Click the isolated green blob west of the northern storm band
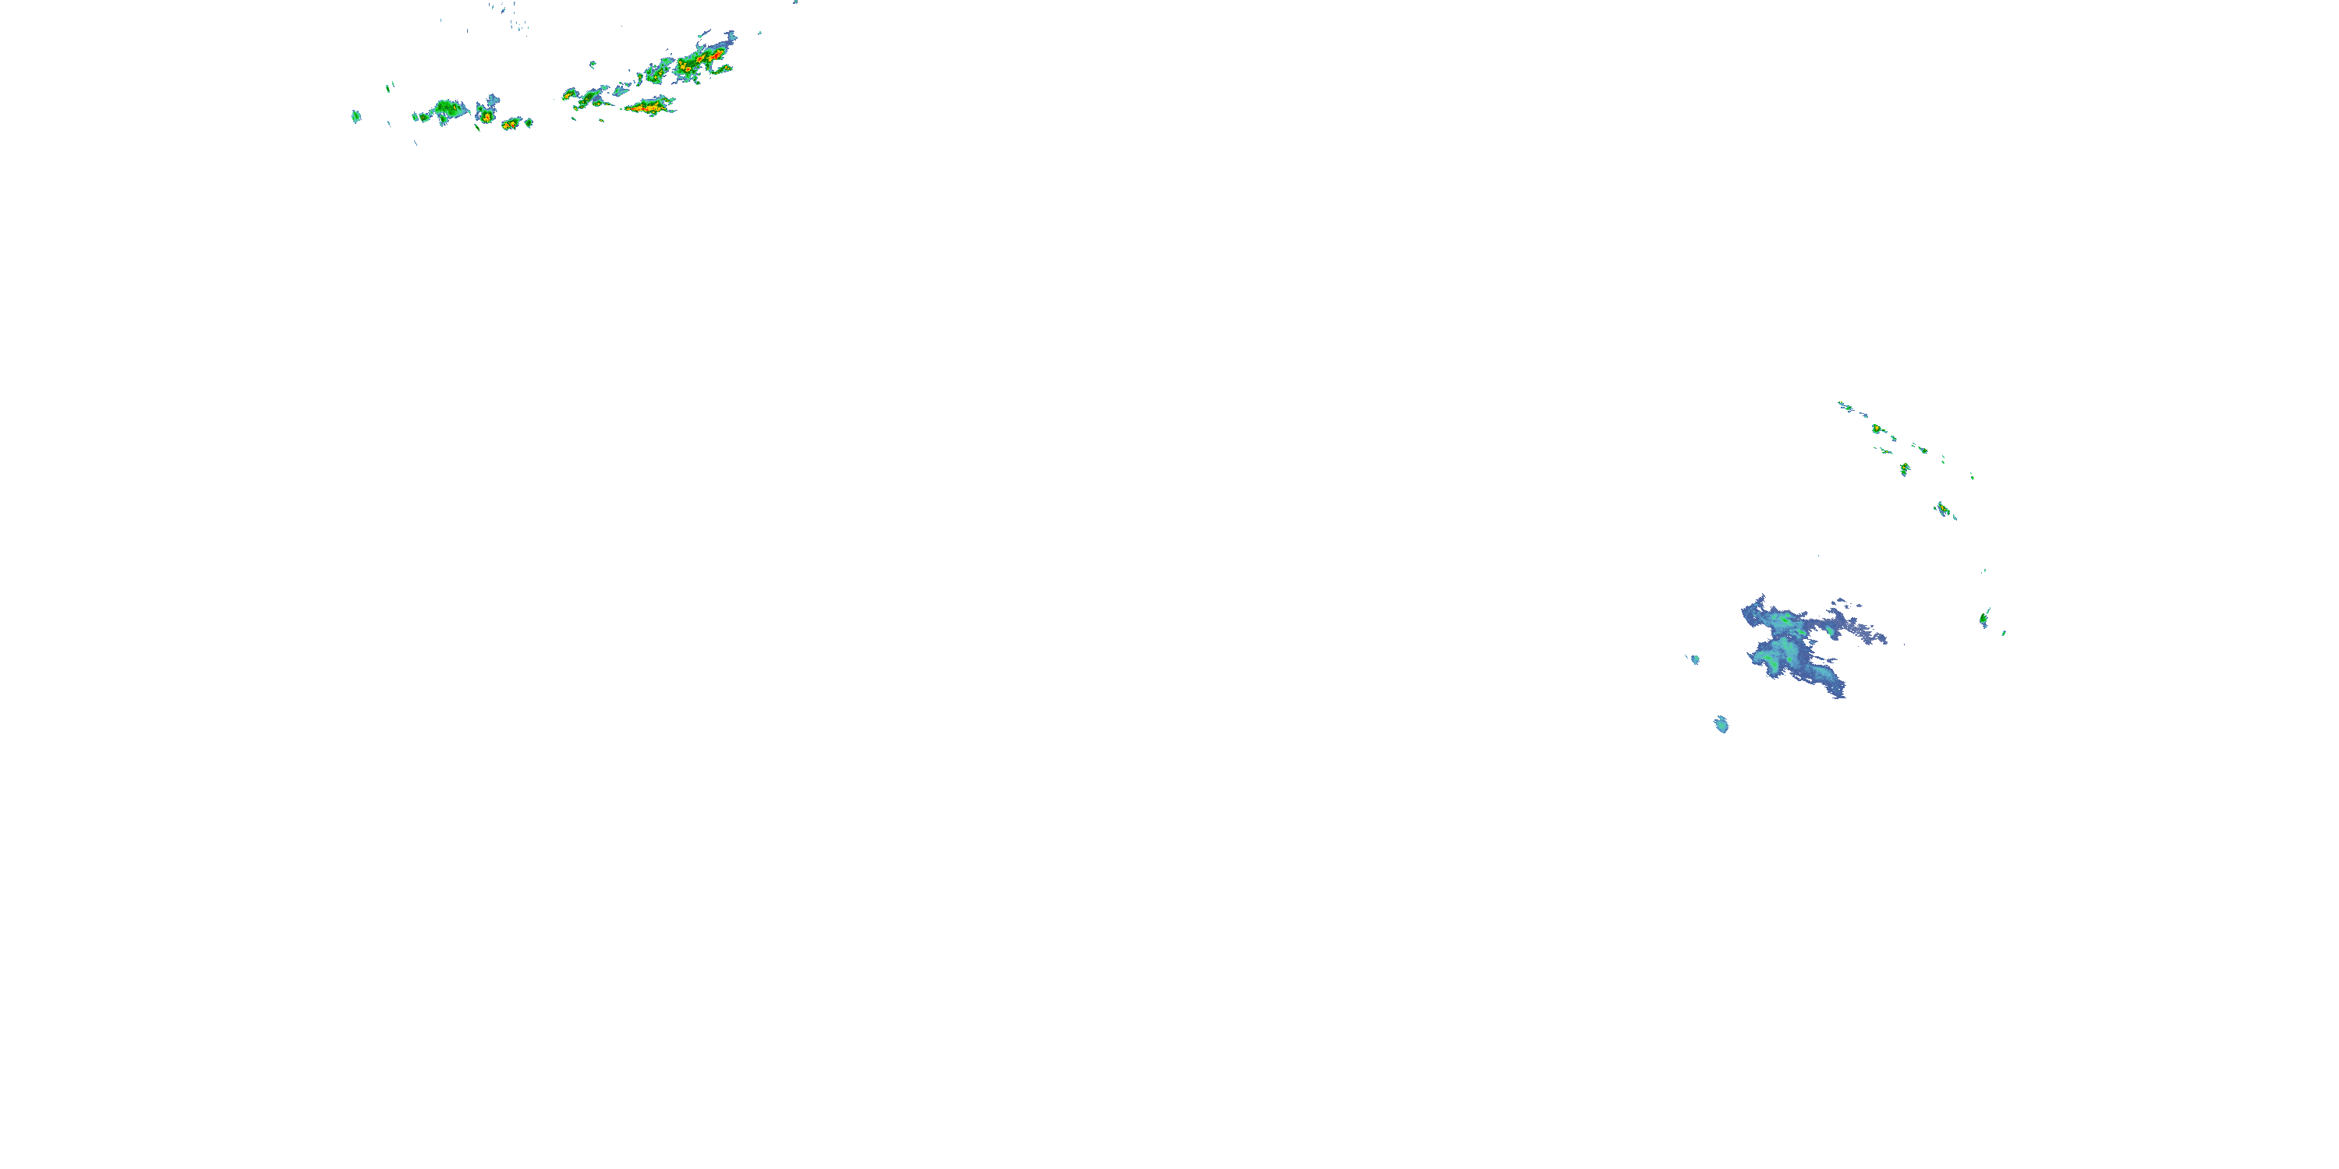[356, 116]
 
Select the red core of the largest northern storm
[715, 56]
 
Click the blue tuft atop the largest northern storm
[727, 39]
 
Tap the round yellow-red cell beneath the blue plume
[487, 116]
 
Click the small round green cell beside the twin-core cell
[528, 122]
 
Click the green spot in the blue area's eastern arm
[1828, 629]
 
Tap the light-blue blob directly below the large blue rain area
[1721, 724]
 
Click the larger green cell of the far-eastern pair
[1985, 619]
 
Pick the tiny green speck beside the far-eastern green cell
[2003, 633]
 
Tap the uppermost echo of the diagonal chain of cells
[1844, 406]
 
